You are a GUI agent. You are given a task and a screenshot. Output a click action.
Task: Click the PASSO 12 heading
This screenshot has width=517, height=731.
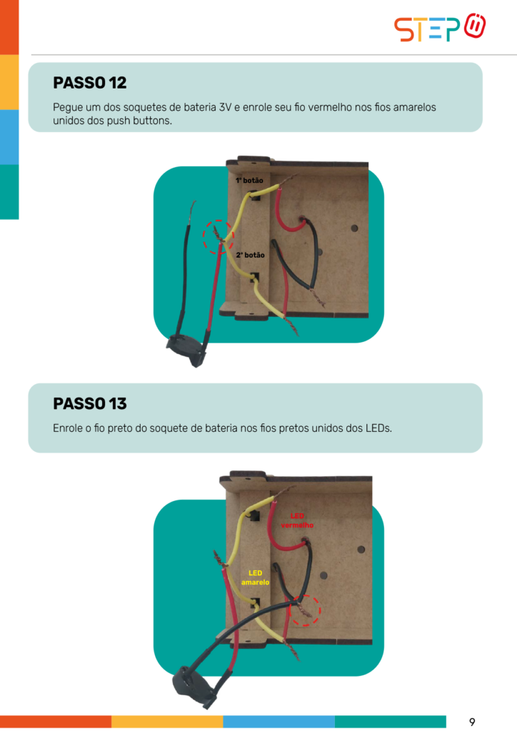click(x=89, y=83)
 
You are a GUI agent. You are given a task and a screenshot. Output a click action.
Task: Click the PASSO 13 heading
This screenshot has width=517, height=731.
click(x=89, y=404)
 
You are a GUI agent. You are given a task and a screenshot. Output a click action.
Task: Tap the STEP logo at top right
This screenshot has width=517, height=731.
click(x=440, y=28)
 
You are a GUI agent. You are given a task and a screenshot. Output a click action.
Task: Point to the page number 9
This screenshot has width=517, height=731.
click(x=472, y=722)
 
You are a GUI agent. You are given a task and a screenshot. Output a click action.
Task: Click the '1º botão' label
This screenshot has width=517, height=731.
click(x=249, y=181)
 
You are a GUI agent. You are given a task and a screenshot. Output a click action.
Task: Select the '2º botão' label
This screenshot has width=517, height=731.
click(x=251, y=255)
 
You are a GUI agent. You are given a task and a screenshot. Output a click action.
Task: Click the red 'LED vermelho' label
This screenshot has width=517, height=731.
click(x=297, y=520)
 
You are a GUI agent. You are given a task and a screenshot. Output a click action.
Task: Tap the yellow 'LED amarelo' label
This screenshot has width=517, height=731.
click(x=255, y=578)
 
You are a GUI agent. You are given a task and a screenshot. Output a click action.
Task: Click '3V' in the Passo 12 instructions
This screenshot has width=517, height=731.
click(x=225, y=107)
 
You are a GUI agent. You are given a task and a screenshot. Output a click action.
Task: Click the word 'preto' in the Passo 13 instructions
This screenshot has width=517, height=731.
click(x=120, y=428)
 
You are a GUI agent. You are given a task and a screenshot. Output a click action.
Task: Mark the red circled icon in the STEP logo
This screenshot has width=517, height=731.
click(x=475, y=26)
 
